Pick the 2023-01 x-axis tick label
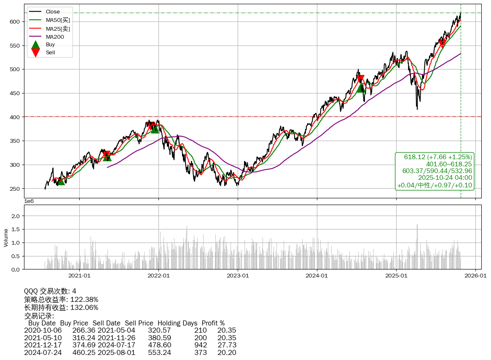tap(238, 276)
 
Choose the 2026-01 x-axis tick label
tap(475, 276)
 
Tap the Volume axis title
tap(6, 237)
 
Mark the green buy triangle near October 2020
tap(61, 181)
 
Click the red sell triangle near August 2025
tap(442, 43)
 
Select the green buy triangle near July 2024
tap(361, 88)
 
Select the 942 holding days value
tap(200, 345)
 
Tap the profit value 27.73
tap(227, 345)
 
